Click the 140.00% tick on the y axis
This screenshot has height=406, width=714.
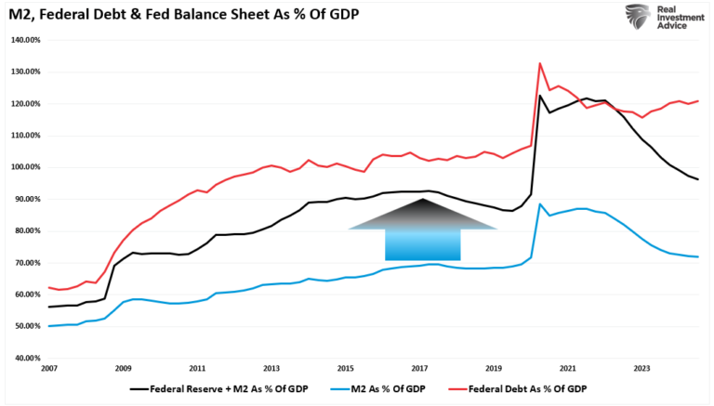(x=24, y=40)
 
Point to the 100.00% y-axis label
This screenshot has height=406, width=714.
(x=24, y=167)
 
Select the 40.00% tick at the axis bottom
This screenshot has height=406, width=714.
(x=25, y=358)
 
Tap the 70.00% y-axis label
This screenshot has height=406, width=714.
(x=25, y=263)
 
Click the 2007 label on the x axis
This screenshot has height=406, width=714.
(x=49, y=369)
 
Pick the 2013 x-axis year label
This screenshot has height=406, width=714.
(x=271, y=369)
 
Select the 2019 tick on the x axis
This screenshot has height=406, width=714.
(x=495, y=369)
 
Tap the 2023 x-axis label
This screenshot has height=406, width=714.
(x=642, y=369)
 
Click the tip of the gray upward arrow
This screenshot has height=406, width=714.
(x=422, y=199)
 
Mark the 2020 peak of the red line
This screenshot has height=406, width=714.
(x=540, y=63)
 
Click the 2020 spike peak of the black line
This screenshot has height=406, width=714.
(x=540, y=96)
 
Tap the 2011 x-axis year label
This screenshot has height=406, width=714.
(x=197, y=369)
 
